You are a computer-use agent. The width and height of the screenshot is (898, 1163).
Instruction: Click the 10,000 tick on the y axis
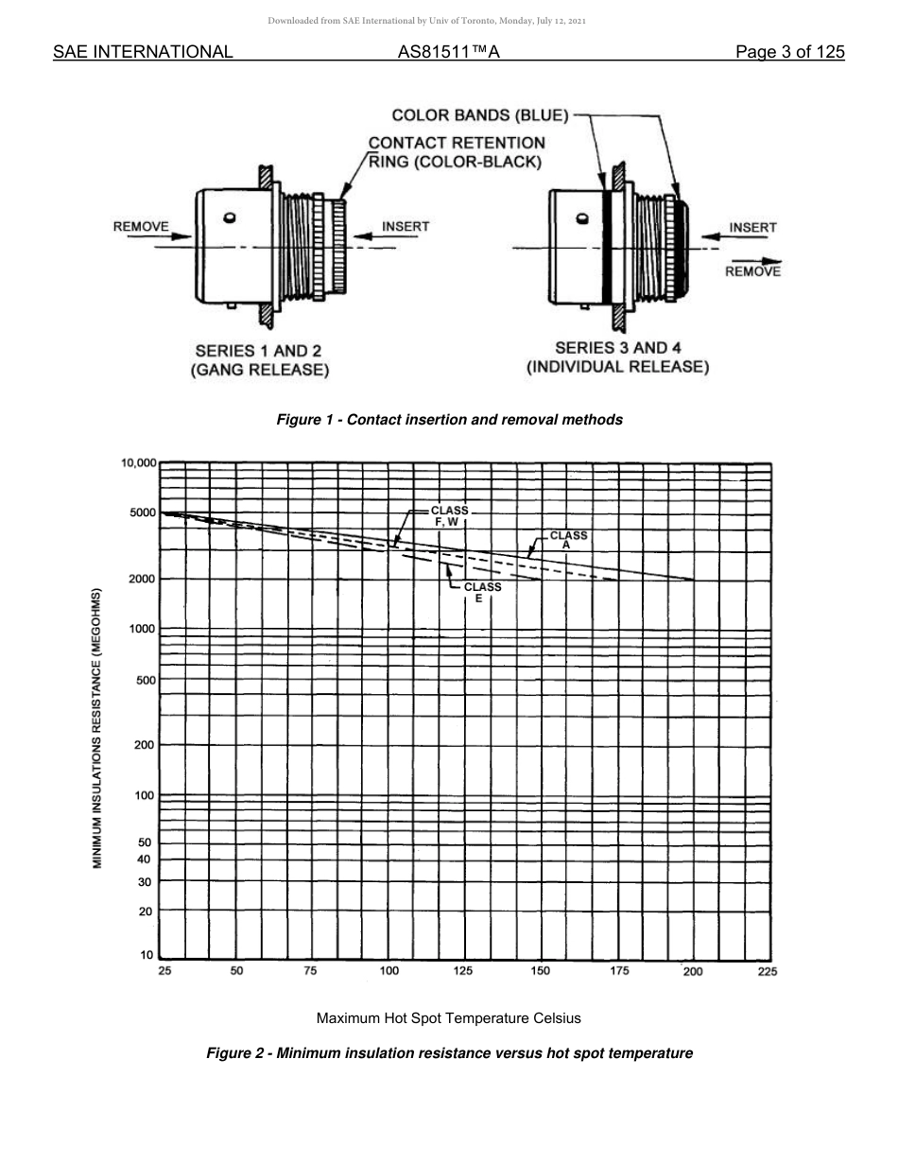(138, 463)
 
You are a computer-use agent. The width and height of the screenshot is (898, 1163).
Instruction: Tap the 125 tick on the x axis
(463, 971)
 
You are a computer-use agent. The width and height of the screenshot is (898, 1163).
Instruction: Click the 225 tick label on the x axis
(767, 971)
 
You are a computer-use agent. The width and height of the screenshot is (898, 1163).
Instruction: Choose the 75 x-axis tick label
(310, 971)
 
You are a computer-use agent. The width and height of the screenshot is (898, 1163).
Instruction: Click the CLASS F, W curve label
(449, 516)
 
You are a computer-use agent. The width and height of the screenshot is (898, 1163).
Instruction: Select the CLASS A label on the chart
(568, 540)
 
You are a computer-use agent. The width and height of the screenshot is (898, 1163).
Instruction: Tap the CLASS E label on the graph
(481, 592)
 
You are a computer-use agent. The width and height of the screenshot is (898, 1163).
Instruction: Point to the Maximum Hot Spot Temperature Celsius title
(448, 1018)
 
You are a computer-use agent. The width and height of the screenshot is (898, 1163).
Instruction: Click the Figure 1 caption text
(449, 420)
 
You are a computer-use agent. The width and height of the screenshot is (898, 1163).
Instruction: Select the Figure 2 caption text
(449, 1053)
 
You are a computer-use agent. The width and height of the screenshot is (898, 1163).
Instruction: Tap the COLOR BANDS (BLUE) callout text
(480, 116)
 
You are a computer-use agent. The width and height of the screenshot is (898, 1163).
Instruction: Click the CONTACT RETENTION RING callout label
(457, 152)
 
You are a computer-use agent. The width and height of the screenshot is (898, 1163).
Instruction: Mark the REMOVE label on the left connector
(141, 227)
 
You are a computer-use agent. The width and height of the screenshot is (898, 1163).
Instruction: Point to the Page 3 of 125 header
(789, 52)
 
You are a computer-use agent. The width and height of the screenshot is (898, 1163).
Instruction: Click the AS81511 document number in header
(448, 52)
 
